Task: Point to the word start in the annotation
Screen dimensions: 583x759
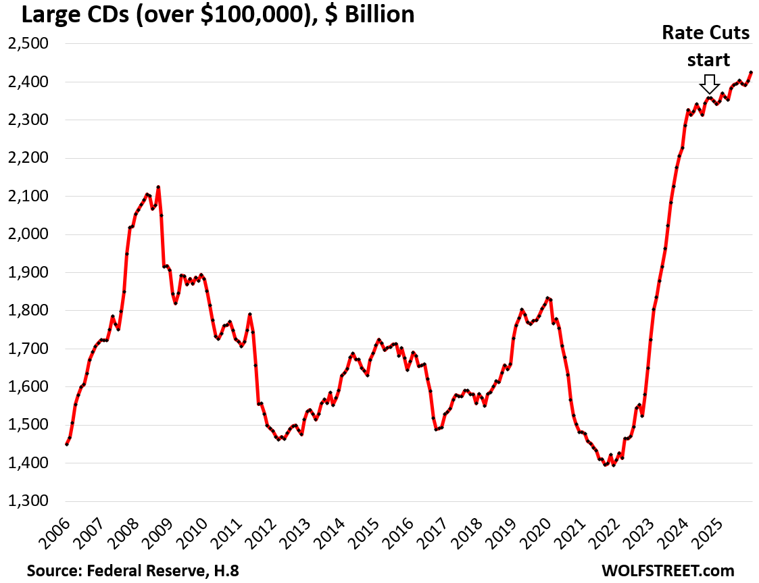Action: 708,59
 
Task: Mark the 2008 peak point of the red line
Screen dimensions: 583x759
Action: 158,186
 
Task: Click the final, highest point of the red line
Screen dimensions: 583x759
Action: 752,72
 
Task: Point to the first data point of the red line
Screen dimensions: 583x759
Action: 66,444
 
